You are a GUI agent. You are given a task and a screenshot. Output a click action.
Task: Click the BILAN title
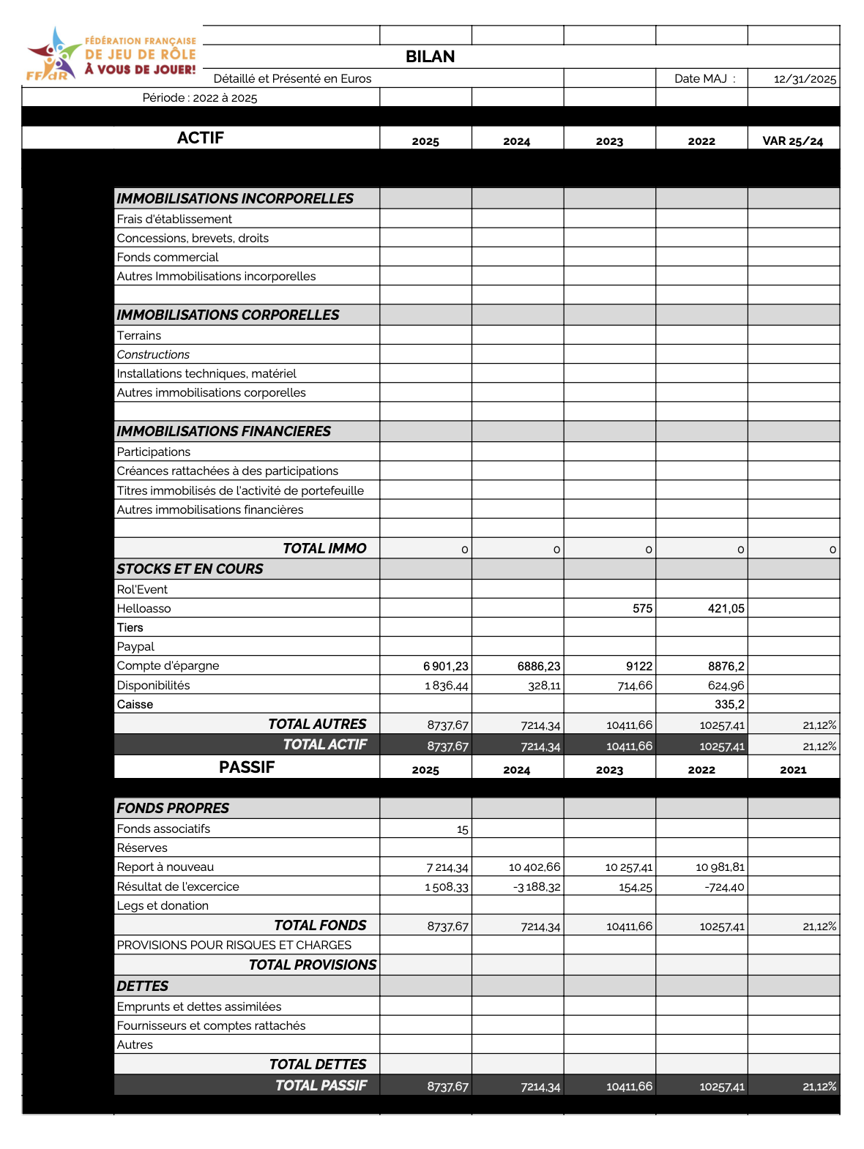click(430, 57)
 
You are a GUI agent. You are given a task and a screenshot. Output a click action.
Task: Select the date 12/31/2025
click(805, 79)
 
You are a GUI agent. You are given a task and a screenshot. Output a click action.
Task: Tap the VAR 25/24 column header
click(792, 141)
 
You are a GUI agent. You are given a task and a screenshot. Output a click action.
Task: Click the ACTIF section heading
click(200, 138)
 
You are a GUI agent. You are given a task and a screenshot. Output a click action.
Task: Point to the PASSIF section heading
click(247, 767)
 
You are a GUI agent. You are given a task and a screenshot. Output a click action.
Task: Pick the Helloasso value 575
click(642, 608)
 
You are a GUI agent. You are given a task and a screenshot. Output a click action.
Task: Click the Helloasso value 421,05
click(726, 608)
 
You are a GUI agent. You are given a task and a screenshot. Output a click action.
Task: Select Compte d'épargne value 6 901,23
click(445, 666)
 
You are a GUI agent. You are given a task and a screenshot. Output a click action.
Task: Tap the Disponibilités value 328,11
click(544, 686)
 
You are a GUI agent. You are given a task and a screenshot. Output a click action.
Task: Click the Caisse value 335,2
click(729, 704)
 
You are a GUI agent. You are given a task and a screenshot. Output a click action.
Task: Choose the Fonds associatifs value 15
click(462, 829)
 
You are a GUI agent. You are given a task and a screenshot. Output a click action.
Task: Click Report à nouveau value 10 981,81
click(720, 867)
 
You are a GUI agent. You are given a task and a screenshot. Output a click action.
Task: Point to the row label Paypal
click(135, 647)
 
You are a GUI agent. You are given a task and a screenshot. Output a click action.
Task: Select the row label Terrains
click(139, 336)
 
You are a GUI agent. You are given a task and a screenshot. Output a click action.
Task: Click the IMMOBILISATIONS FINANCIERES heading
click(223, 432)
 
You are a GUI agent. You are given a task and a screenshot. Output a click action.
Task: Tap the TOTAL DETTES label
click(318, 1065)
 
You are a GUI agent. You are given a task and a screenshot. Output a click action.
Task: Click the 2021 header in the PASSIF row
click(793, 770)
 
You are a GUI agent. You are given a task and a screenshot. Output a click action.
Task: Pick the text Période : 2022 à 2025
click(200, 98)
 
